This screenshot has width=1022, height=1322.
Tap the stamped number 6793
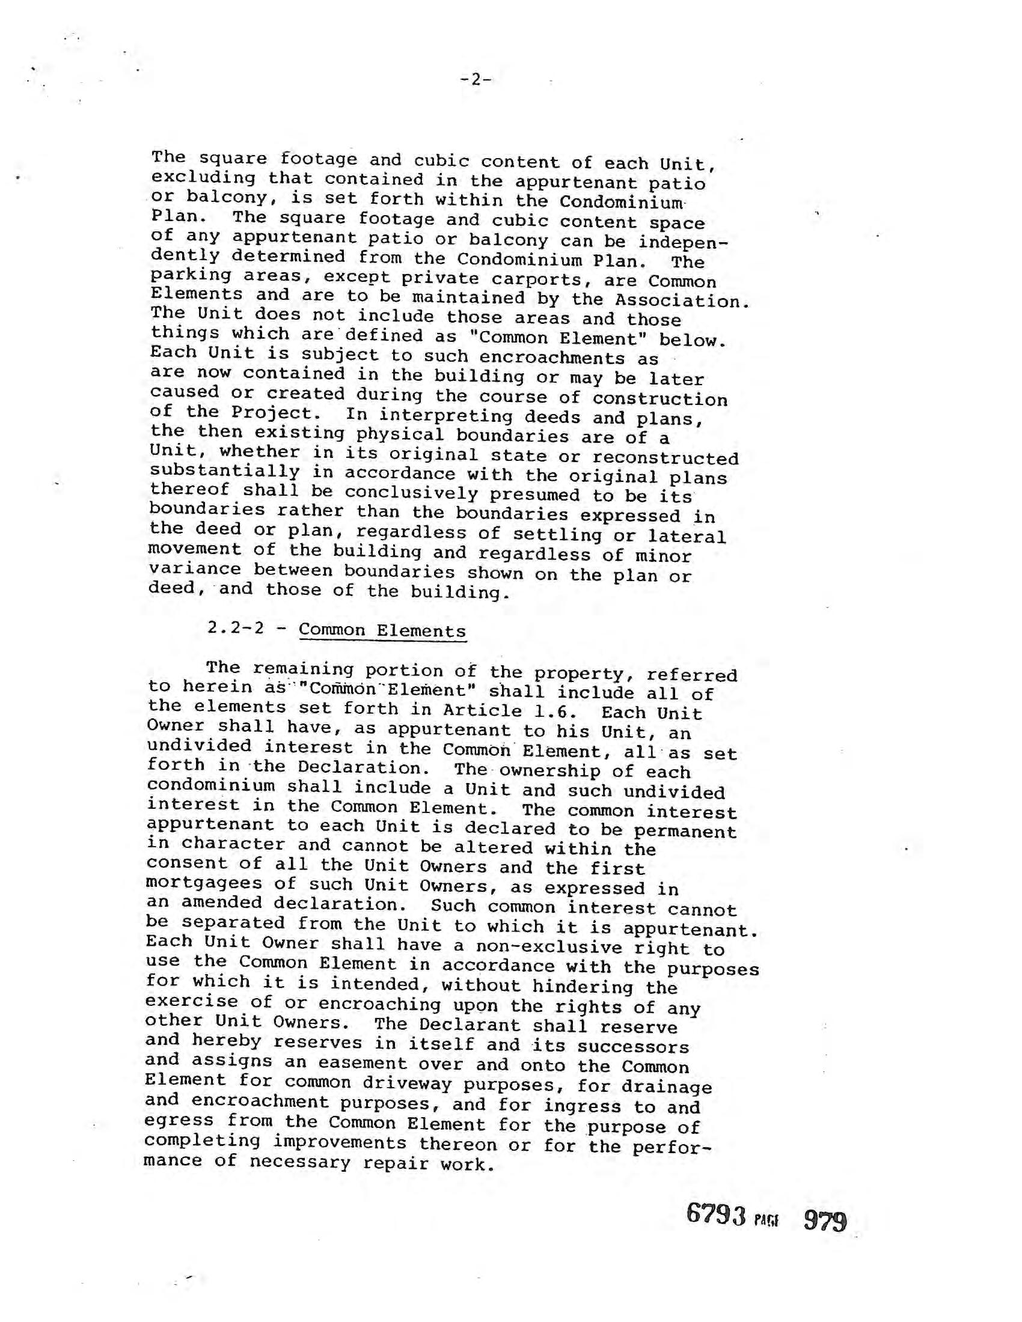point(715,1213)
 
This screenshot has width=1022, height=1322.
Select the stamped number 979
point(824,1221)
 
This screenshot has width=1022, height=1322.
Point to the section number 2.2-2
point(236,628)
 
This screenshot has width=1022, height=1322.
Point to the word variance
point(195,569)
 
